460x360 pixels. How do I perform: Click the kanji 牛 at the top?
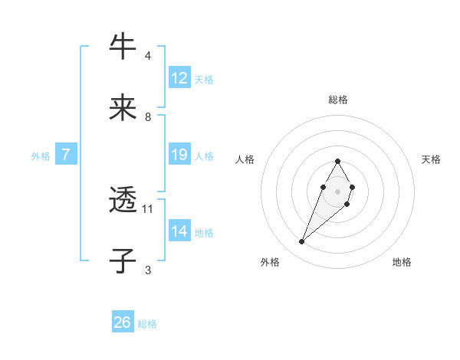[123, 47]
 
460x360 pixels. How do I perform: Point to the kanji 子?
[123, 261]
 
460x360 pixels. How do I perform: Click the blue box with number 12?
[179, 78]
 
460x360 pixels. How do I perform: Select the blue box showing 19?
[179, 155]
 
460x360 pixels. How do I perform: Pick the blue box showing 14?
[179, 231]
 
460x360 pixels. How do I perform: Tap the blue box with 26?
[123, 322]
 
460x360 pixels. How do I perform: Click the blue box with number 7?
[66, 155]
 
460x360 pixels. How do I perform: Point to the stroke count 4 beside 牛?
[147, 56]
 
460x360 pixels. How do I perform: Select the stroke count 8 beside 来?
[147, 116]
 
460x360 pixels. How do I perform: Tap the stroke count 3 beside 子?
[147, 270]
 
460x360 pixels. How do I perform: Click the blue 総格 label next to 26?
[147, 324]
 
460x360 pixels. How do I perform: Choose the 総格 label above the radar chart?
[338, 100]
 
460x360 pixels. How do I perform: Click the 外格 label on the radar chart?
[270, 263]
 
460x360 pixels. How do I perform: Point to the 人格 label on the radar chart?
[245, 159]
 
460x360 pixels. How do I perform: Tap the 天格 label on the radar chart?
[431, 159]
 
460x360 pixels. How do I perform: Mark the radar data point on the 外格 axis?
[301, 242]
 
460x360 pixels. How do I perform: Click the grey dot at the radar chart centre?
[337, 190]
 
